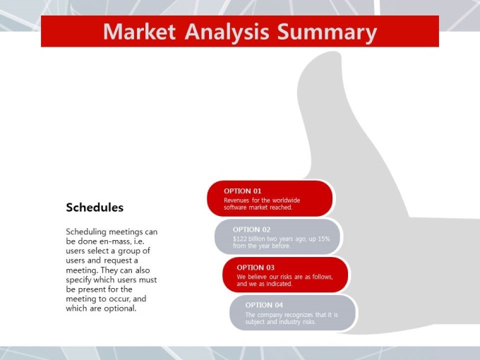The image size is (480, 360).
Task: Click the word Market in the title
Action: coord(139,32)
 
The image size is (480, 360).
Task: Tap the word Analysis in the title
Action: coord(227,32)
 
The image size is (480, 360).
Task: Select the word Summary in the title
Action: coord(327,32)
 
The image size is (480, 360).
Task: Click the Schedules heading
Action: coord(95,208)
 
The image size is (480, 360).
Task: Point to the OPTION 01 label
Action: coord(242,191)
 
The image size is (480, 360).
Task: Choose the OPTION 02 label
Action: coord(251,229)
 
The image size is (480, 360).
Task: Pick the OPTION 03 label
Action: coord(256,268)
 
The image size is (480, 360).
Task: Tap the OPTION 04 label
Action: coord(264,305)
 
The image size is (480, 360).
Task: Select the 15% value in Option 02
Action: coord(324,239)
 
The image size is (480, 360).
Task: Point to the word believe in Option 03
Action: coord(258,277)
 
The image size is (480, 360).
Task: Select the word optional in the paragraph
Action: coord(120,308)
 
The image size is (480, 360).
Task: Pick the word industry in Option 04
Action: coord(290,322)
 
